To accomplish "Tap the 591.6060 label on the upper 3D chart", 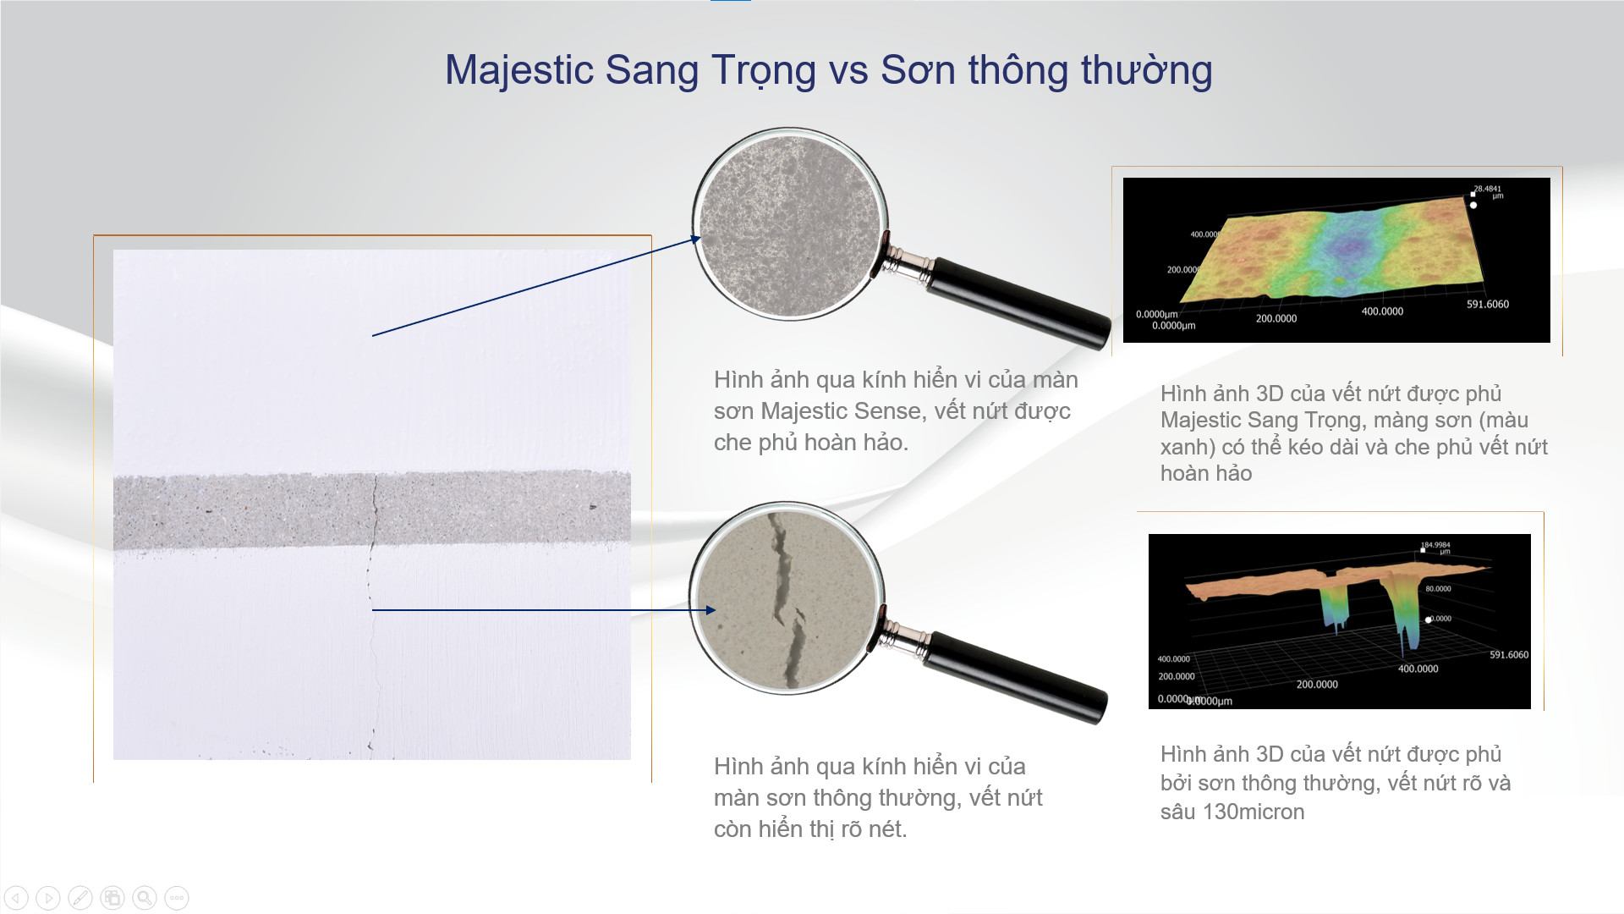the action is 1487,305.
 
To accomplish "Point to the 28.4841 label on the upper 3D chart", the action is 1487,189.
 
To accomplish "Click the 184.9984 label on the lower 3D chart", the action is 1435,545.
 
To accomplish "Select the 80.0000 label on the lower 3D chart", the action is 1438,588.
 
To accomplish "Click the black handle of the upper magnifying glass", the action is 1019,301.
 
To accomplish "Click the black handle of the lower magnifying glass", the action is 1015,677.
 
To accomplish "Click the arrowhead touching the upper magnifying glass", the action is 696,240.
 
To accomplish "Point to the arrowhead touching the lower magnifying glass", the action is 710,610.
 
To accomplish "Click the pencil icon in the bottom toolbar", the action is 80,898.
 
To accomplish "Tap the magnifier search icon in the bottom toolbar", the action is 145,898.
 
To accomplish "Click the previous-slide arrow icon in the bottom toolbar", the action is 16,898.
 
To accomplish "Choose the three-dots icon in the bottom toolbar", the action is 177,898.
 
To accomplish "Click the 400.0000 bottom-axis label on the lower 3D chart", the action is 1418,669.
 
